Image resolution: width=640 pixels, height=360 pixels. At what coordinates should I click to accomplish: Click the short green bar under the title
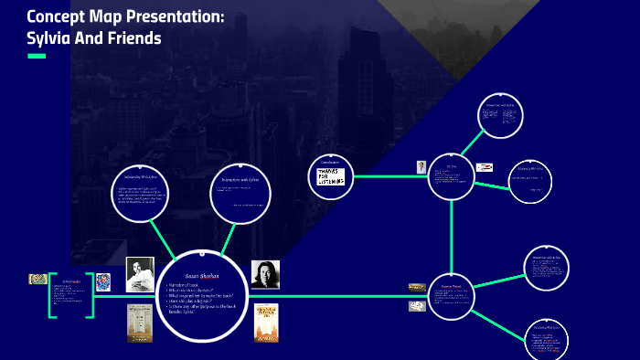(x=37, y=57)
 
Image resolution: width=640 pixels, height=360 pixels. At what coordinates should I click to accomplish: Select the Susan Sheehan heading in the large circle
(x=202, y=276)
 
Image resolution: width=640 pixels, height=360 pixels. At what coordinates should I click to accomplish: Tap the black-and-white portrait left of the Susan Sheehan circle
(x=140, y=272)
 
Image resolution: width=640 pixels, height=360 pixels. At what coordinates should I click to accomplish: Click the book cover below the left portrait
(x=140, y=322)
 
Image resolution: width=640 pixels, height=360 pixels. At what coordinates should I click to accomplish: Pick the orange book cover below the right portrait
(x=266, y=323)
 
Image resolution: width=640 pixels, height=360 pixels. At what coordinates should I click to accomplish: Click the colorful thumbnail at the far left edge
(x=37, y=279)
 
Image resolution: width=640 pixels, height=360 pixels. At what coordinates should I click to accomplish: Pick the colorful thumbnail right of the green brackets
(x=105, y=281)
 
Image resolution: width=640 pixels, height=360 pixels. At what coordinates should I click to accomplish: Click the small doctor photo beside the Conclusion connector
(x=421, y=167)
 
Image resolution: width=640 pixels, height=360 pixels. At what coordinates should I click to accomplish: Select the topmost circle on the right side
(x=501, y=116)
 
